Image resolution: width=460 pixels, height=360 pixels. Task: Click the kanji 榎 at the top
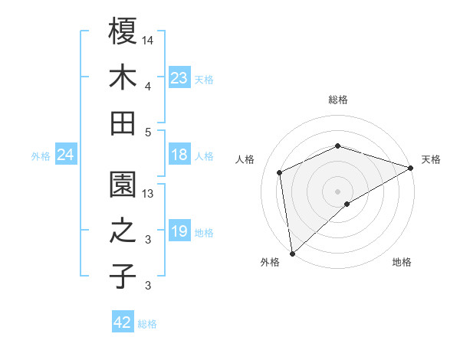[x=123, y=31]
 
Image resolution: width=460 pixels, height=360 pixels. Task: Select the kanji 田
[x=123, y=123]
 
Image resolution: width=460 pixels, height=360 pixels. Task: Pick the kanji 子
[x=123, y=277]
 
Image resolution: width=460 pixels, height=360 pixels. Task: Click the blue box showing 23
[x=179, y=77]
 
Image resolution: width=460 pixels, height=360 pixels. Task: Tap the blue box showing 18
[x=179, y=155]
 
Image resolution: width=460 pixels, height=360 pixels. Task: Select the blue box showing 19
[x=179, y=231]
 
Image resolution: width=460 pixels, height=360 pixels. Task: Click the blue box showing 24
[x=65, y=155]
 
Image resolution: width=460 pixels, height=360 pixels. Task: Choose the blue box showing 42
[x=123, y=322]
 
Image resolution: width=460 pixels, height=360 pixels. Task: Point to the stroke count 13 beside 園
[x=149, y=194]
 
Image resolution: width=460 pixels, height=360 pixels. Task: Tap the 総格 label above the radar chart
[x=337, y=100]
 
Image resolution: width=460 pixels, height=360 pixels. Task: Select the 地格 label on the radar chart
[x=402, y=262]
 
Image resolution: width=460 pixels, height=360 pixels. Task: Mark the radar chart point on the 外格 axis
[x=292, y=253]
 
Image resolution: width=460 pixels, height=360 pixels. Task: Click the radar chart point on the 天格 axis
[x=411, y=167]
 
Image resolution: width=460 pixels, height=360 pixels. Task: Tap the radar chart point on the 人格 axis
[x=280, y=172]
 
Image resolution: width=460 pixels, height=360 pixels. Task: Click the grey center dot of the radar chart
[x=337, y=191]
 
